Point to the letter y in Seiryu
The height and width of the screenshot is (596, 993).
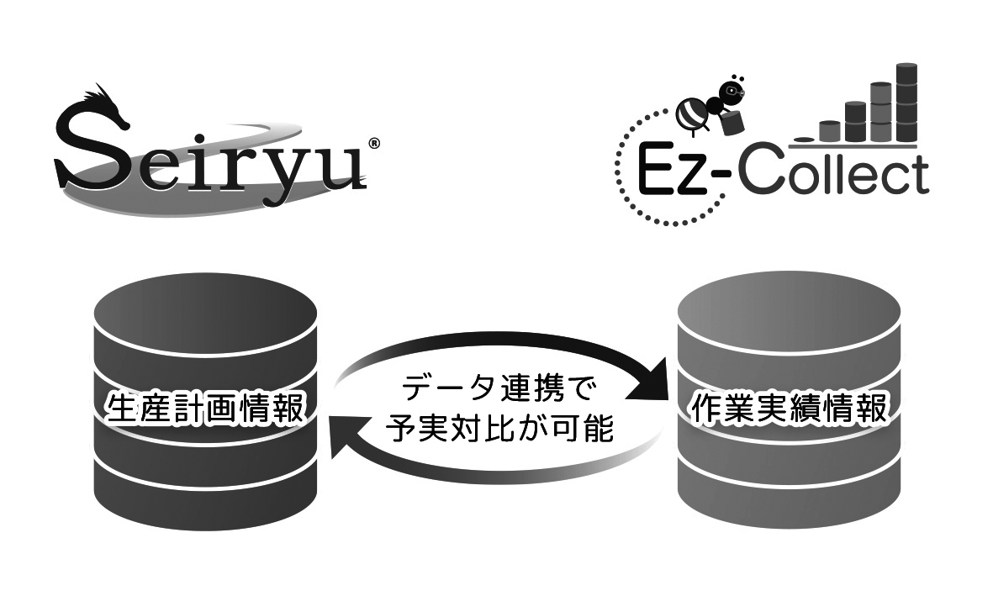294,169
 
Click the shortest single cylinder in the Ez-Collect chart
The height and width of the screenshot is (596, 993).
829,130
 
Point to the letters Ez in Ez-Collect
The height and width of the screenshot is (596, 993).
673,171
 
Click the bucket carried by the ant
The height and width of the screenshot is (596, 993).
731,121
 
